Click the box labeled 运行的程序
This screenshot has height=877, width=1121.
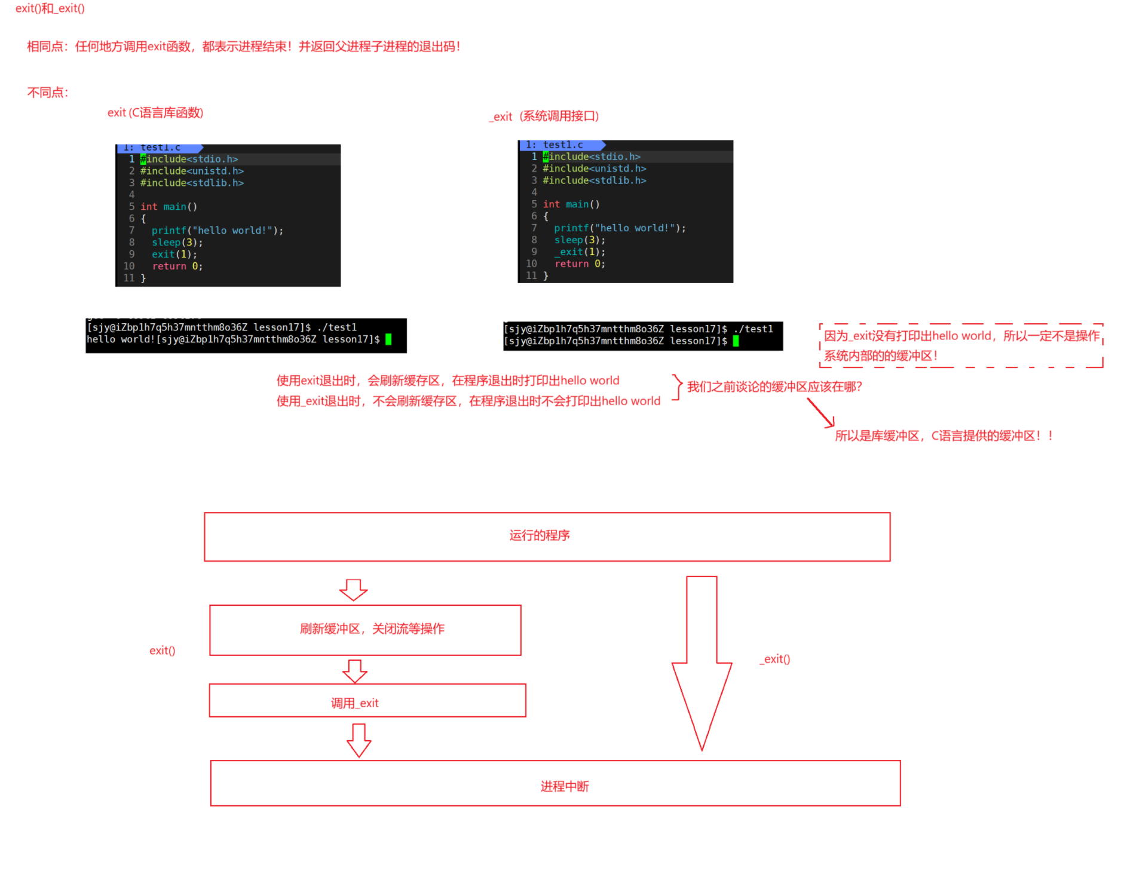(547, 536)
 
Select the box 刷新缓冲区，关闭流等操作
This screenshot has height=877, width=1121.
(365, 630)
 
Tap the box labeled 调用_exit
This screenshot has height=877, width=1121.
(367, 700)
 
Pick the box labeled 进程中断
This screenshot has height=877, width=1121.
(555, 783)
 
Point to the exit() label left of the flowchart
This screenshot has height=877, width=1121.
(163, 651)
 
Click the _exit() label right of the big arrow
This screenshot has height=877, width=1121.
(775, 659)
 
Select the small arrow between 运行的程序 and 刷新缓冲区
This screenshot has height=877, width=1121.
(353, 589)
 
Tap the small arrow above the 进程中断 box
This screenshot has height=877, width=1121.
(359, 740)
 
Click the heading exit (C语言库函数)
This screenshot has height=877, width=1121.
(155, 112)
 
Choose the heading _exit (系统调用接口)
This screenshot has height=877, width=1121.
(544, 116)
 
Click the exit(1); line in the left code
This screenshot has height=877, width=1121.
(174, 254)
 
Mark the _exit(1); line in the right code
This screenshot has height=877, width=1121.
(579, 252)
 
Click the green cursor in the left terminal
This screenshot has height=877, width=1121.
(388, 339)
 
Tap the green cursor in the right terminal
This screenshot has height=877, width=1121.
(736, 341)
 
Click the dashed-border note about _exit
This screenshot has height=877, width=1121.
(961, 345)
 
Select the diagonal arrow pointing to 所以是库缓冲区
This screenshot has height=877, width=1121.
(820, 413)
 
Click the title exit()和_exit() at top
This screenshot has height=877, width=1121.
(50, 8)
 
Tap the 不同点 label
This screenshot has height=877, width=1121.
(48, 92)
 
